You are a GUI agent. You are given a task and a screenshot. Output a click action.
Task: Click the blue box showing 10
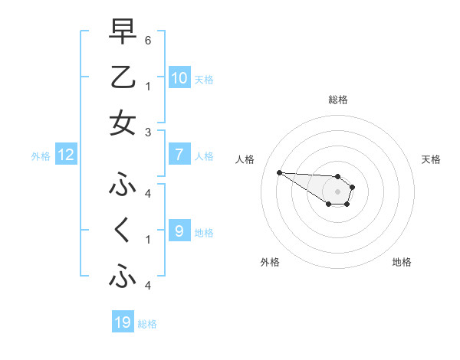(x=179, y=77)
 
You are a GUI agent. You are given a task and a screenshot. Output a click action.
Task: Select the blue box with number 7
(x=179, y=155)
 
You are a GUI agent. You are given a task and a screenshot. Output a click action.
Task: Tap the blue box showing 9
(x=179, y=231)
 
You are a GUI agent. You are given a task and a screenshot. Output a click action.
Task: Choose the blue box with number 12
(x=65, y=155)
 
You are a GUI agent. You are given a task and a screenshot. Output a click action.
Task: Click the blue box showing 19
(x=123, y=322)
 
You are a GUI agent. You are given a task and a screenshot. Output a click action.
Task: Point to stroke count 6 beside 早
(x=148, y=39)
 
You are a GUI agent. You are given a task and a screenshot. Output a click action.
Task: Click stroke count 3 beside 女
(x=148, y=133)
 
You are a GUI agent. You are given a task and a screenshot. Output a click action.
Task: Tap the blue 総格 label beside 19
(x=147, y=324)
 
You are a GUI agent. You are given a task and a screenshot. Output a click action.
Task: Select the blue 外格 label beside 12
(x=41, y=156)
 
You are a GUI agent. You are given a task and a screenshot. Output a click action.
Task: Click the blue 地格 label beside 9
(x=204, y=232)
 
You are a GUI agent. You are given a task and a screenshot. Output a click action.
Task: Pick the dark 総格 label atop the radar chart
(x=337, y=100)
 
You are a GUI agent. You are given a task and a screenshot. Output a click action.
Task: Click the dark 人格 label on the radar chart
(x=245, y=159)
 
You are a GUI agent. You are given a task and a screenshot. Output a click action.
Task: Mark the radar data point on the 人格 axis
(x=279, y=172)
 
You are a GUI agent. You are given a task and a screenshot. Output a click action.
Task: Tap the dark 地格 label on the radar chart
(x=402, y=262)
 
